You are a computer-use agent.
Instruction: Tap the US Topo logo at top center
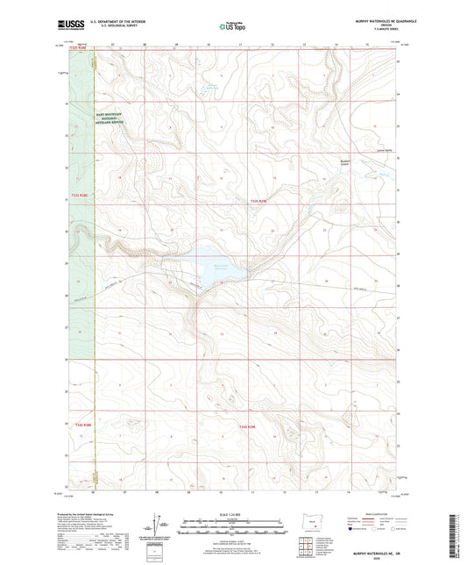click(230, 27)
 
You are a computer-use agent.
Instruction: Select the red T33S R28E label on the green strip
click(80, 196)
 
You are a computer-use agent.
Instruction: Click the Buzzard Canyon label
click(349, 161)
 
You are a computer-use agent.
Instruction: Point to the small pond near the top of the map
click(209, 88)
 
